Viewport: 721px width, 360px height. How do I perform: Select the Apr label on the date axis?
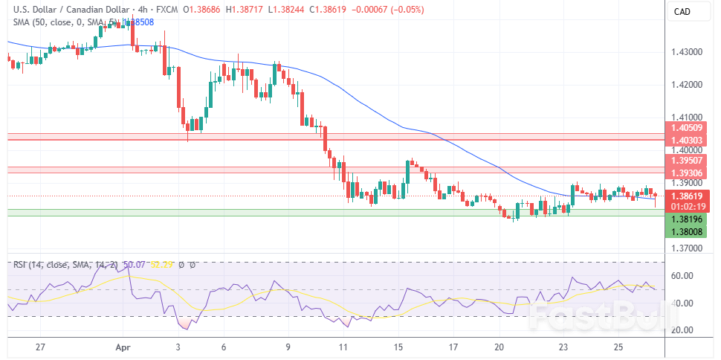123,347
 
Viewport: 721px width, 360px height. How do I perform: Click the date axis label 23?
563,347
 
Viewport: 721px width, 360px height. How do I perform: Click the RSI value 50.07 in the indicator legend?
135,265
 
